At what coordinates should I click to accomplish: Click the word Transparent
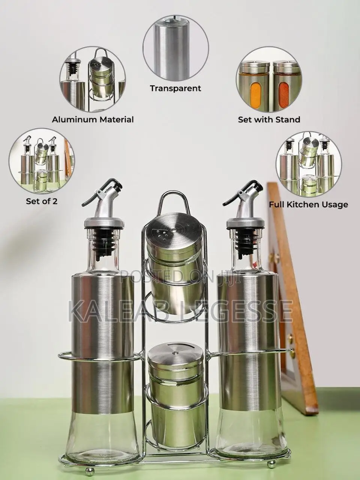pos(175,88)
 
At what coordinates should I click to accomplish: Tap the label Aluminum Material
pos(93,120)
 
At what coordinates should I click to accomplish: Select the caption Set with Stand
pos(269,120)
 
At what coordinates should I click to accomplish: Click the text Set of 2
pos(42,201)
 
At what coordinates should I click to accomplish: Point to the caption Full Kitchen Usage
pos(308,205)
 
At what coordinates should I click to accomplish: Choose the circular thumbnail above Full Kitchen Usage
pos(308,163)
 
